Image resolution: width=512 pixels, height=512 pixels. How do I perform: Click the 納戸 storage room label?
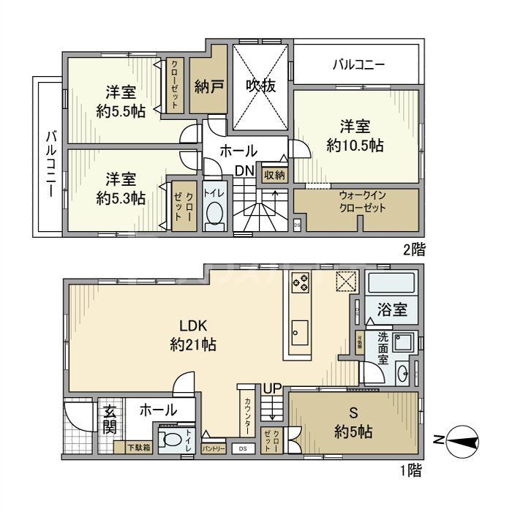(208, 86)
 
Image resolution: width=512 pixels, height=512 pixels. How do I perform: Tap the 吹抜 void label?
(260, 86)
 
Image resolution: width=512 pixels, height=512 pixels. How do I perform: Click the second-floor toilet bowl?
(214, 214)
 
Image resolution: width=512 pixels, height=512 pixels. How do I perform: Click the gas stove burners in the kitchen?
(301, 282)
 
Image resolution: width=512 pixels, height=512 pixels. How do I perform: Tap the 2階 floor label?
(414, 248)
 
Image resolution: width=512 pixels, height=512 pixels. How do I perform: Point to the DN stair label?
(244, 170)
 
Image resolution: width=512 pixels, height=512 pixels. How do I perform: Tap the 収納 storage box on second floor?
(275, 175)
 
